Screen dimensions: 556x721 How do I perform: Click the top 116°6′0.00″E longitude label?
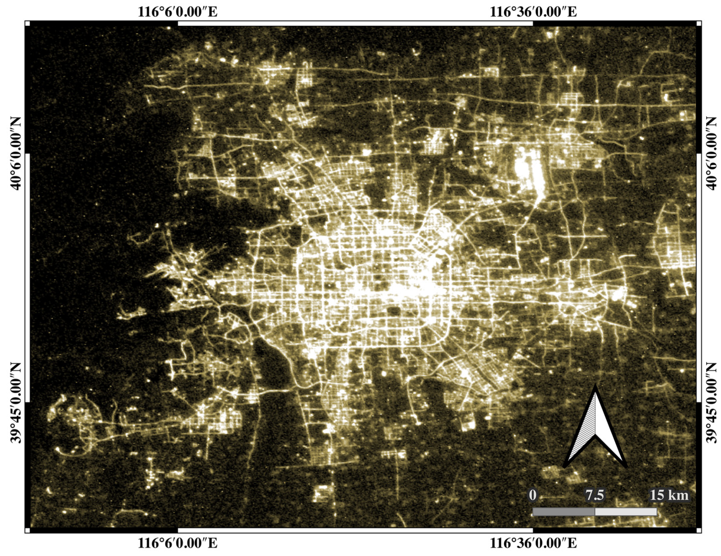point(177,12)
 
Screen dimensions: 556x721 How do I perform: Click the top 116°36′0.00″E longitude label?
point(533,12)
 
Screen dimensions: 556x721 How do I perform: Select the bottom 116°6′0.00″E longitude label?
point(177,543)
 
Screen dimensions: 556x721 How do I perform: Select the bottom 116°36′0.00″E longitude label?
point(533,543)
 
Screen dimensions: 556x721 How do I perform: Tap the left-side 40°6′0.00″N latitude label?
point(15,153)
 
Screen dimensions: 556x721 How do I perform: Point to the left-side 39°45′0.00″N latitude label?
point(15,403)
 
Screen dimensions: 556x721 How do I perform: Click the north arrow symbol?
point(596,429)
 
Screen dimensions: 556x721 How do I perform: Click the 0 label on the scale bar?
point(532,505)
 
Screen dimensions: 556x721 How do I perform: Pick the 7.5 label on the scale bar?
point(595,505)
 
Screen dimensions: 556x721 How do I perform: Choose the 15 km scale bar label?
point(669,505)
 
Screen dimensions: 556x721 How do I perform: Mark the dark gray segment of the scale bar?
point(564,521)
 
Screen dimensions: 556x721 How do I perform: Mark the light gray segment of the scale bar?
point(625,521)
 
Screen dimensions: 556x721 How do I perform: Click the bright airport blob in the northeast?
point(528,170)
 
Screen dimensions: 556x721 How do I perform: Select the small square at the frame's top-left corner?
point(27,23)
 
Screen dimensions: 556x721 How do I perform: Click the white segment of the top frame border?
point(355,23)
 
